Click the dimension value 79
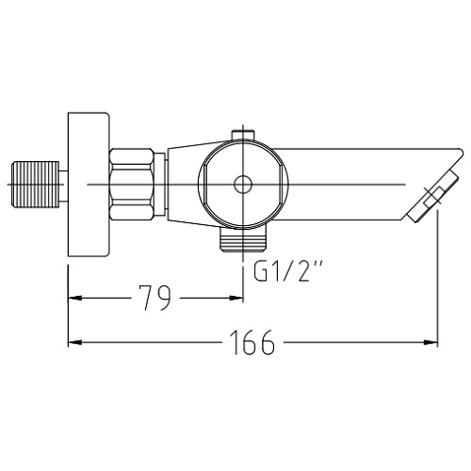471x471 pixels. (156, 298)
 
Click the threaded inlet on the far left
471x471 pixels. (35, 185)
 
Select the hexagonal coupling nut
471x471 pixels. (132, 185)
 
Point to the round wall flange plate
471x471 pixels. (89, 185)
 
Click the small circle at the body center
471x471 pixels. (243, 185)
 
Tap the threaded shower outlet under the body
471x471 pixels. (243, 239)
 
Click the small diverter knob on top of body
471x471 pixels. (243, 135)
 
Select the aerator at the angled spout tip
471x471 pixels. (433, 197)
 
